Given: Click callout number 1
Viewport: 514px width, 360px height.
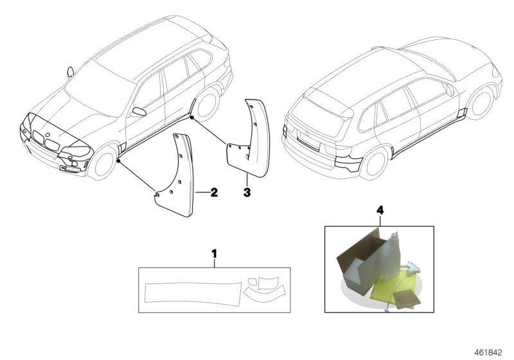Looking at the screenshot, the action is (x=214, y=254).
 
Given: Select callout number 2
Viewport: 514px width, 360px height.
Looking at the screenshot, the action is (x=214, y=192).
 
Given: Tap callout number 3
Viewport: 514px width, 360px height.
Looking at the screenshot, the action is (x=247, y=192).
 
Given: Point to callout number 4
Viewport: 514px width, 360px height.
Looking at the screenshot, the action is (x=380, y=210).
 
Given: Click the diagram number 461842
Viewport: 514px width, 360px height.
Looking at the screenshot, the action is (x=488, y=352).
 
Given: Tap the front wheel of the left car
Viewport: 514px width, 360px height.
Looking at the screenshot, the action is (x=104, y=163).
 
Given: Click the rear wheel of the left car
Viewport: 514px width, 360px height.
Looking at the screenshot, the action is (x=207, y=104).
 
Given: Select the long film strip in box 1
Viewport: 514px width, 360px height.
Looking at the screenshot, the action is (x=193, y=294).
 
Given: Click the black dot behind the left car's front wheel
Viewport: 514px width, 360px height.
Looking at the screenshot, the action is (x=118, y=161).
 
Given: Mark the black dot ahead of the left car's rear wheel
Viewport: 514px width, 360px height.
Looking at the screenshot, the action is (x=192, y=118).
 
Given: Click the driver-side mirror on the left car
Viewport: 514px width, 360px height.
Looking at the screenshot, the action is (x=139, y=111).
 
